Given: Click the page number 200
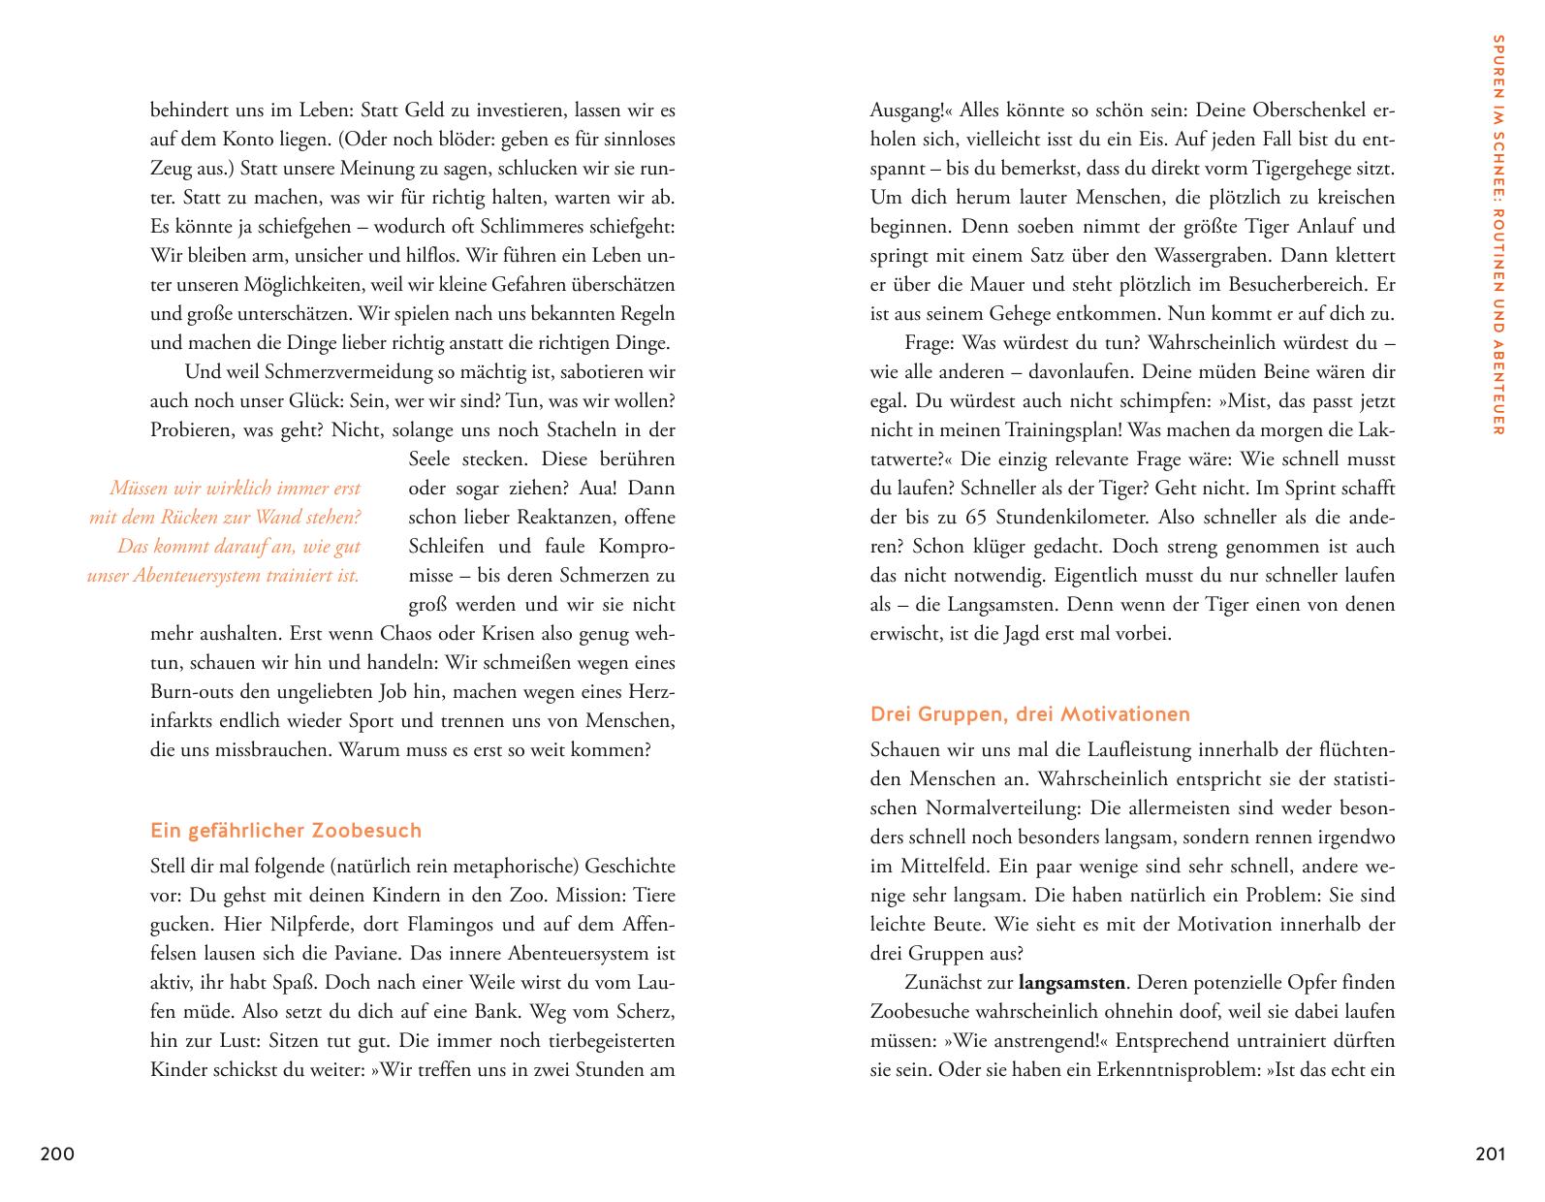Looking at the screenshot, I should (57, 1154).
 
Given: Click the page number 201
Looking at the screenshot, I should (1490, 1154).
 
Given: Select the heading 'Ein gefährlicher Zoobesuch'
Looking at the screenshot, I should (286, 831).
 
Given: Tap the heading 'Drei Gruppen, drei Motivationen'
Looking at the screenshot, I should (1029, 714).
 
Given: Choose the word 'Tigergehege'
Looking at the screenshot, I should (1313, 168).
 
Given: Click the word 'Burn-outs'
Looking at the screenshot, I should (189, 692).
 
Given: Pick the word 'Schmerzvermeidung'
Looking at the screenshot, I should (317, 371).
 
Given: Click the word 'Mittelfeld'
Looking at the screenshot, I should (937, 866).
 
